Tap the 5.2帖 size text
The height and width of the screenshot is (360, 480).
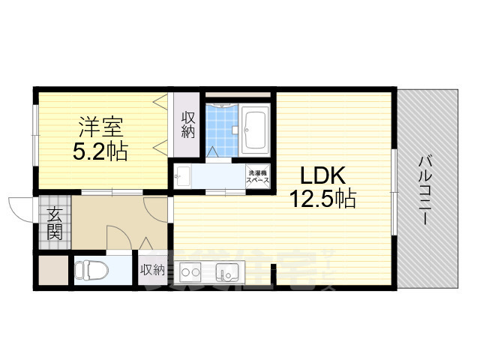tap(100, 152)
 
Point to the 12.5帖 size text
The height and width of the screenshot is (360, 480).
tap(324, 199)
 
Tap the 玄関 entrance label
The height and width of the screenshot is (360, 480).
tap(55, 223)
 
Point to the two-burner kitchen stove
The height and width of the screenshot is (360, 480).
tap(187, 271)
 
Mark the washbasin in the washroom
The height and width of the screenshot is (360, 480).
tap(182, 177)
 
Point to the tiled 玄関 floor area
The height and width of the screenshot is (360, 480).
tap(54, 223)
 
